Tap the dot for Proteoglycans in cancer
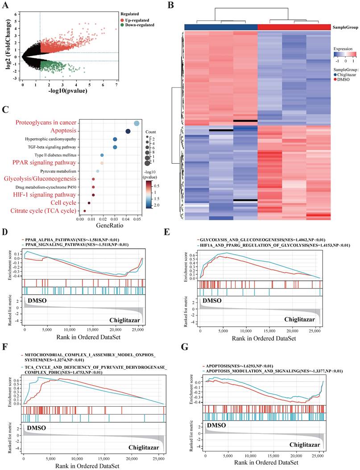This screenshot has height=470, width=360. coord(136,124)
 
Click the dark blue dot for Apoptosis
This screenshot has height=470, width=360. coord(128,131)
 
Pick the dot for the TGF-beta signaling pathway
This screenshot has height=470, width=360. coord(115,147)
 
